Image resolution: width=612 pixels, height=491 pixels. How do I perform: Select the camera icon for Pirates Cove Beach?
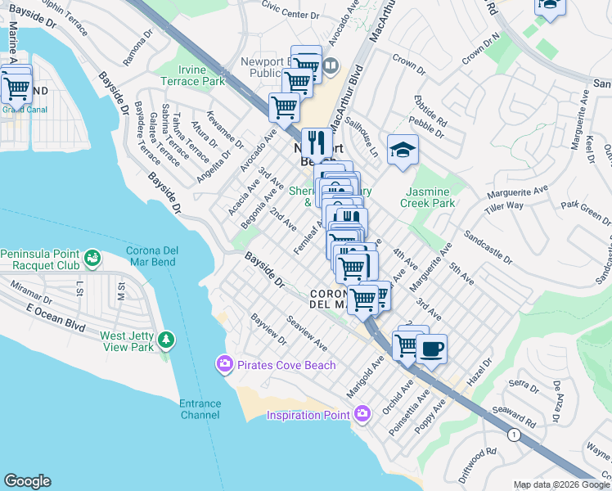223,363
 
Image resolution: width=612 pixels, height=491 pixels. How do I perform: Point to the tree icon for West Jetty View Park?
167,340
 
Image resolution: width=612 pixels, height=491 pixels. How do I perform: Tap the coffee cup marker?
431,349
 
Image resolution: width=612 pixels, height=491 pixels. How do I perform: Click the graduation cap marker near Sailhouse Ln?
402,150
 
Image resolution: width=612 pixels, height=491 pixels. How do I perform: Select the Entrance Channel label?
200,409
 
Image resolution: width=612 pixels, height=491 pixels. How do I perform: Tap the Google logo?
27,481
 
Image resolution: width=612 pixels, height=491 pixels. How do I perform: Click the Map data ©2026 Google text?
561,484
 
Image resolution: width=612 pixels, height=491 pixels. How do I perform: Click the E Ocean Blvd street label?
56,318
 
